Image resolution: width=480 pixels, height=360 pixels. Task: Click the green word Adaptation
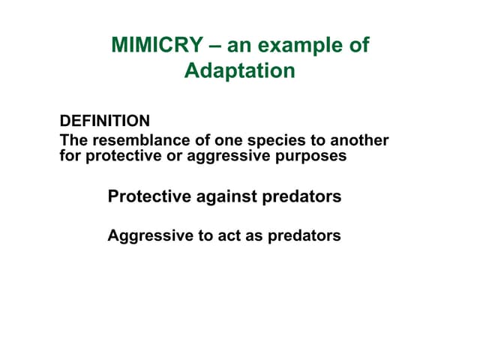click(239, 71)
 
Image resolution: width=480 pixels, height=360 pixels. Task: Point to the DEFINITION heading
click(104, 121)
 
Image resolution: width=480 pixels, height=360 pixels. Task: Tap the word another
click(361, 141)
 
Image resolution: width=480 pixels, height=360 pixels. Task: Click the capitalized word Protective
click(148, 196)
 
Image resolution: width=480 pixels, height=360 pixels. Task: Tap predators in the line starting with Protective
click(301, 196)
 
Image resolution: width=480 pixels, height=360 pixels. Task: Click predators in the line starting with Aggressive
click(304, 235)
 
